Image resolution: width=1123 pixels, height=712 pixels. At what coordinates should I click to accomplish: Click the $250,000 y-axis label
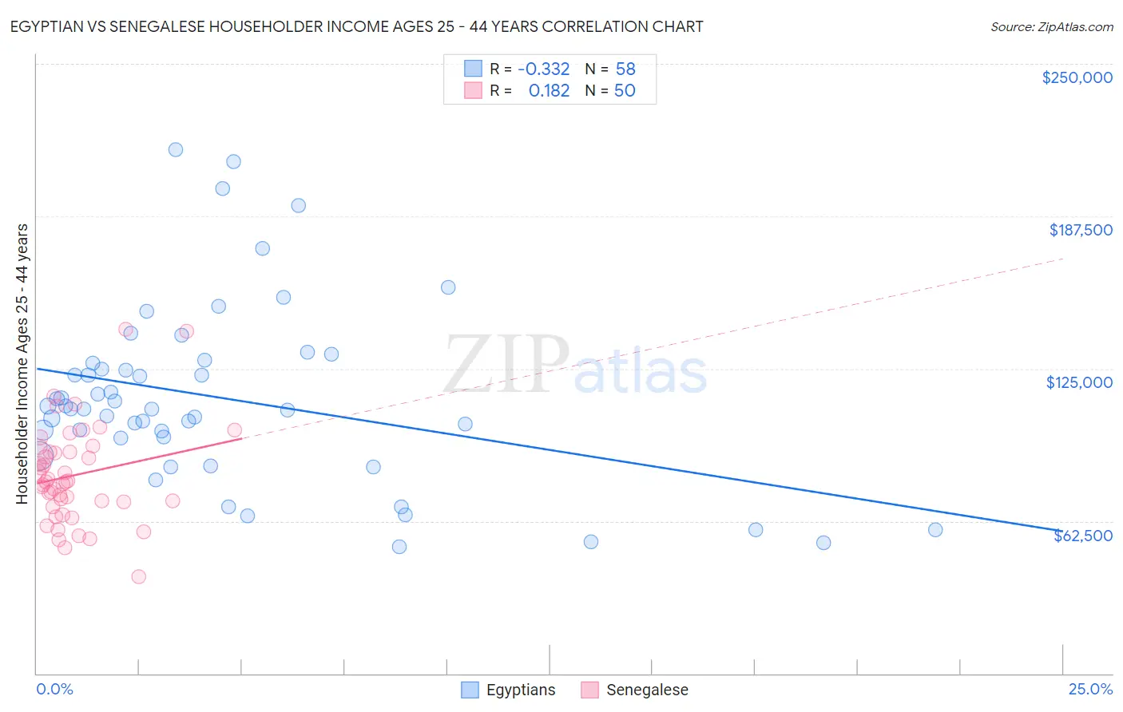(1077, 77)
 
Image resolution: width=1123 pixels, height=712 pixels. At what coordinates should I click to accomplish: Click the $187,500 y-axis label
(1080, 230)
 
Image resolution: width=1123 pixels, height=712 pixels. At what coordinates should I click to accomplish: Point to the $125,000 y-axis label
(1079, 382)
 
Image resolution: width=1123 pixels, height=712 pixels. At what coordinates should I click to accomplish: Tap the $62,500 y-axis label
(1082, 536)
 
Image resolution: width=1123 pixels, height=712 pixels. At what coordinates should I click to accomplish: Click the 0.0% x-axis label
(54, 689)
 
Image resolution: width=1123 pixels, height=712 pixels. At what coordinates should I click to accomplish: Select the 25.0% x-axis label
(1090, 689)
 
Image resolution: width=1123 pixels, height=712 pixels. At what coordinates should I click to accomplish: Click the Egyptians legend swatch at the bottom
(470, 690)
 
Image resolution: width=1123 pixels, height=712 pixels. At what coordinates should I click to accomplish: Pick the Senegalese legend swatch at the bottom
(589, 690)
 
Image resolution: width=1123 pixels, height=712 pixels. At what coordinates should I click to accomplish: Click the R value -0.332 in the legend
(543, 69)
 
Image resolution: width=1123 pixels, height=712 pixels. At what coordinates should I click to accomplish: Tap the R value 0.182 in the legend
(549, 90)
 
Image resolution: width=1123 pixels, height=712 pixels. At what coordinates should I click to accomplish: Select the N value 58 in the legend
(625, 69)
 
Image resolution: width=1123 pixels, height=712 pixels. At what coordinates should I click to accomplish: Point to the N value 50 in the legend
(625, 90)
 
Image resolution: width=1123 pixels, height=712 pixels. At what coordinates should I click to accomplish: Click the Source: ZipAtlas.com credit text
(1051, 26)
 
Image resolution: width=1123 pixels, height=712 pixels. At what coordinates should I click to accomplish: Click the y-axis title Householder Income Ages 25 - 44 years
(22, 364)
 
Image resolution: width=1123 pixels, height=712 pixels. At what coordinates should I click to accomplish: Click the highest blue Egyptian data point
(176, 149)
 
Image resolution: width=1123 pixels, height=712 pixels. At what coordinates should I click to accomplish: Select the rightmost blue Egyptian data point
(935, 529)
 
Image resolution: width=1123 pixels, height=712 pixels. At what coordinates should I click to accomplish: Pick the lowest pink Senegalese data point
(138, 576)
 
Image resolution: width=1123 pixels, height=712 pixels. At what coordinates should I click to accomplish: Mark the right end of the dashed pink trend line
(1062, 259)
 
